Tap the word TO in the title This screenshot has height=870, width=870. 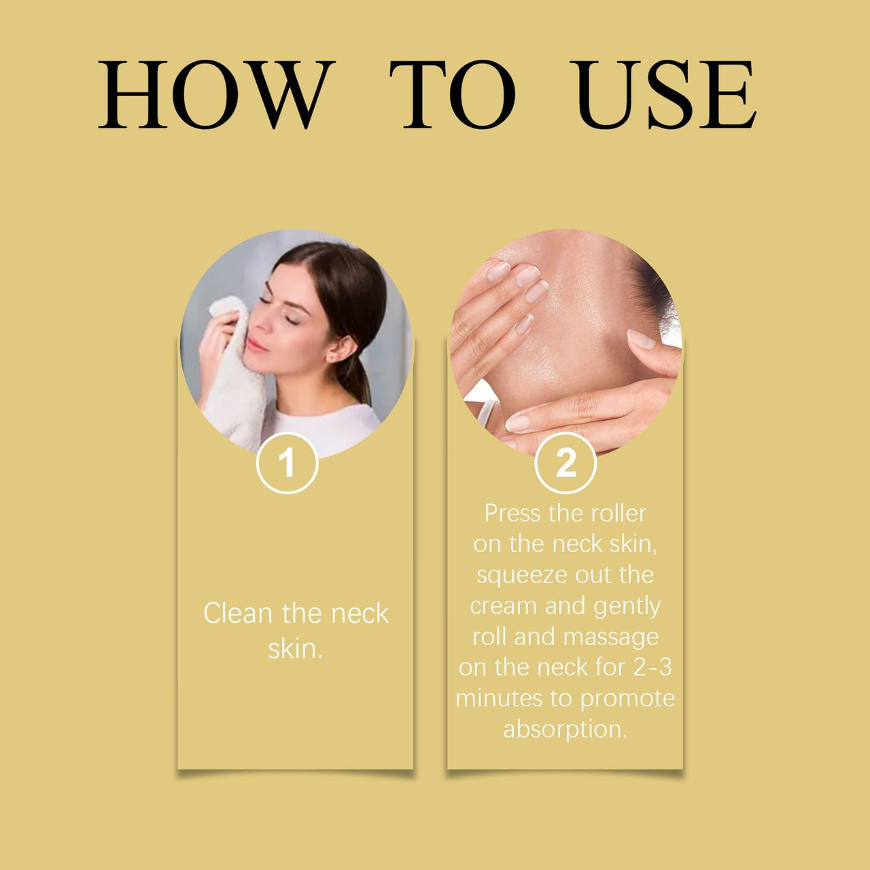(x=453, y=94)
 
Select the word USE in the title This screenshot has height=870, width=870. (x=663, y=94)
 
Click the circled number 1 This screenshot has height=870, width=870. (x=287, y=463)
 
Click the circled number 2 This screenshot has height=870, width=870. (x=565, y=463)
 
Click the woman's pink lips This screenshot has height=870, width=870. (x=256, y=345)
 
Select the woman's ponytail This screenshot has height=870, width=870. (x=357, y=379)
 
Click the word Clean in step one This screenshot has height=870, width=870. (x=238, y=614)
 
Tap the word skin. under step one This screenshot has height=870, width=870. (x=295, y=649)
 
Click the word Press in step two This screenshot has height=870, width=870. (x=512, y=513)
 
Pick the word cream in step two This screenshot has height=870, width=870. (x=504, y=606)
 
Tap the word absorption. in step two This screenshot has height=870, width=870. (x=565, y=729)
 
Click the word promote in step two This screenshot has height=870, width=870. (x=627, y=699)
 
